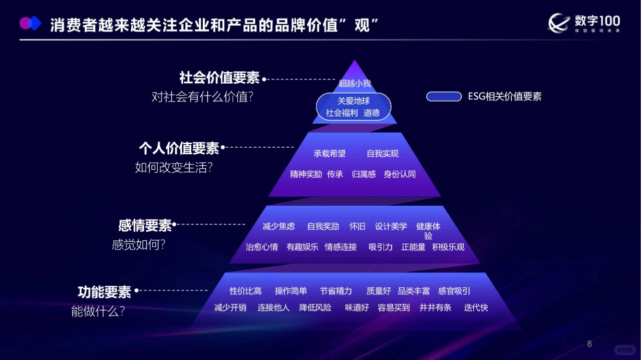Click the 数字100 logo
(584, 23)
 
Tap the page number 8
(589, 344)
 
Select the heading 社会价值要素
(219, 78)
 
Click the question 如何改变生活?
(174, 167)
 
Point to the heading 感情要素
(145, 225)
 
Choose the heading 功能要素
(104, 291)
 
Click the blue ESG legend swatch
(444, 97)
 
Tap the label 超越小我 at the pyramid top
(355, 83)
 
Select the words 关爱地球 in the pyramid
(354, 101)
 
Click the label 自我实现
(383, 154)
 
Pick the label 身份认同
(400, 174)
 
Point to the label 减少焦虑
(278, 226)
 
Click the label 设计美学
(391, 226)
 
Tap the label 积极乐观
(448, 247)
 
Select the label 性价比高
(245, 291)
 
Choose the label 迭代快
(476, 307)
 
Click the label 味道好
(357, 307)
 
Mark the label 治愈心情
(261, 247)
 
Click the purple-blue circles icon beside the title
(30, 23)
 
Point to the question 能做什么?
(98, 311)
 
